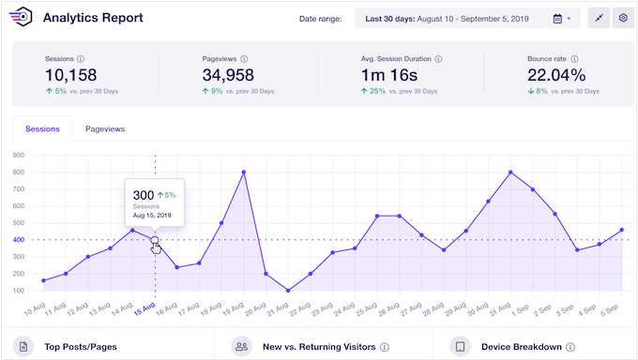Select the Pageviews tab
(x=104, y=129)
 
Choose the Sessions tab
(x=43, y=129)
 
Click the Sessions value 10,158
(x=71, y=75)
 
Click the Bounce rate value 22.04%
(x=556, y=75)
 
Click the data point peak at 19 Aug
(x=244, y=172)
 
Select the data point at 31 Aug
(x=510, y=172)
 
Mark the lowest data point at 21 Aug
(x=288, y=290)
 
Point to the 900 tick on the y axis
(x=18, y=155)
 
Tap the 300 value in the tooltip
(x=144, y=194)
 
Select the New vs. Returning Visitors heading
(x=318, y=347)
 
